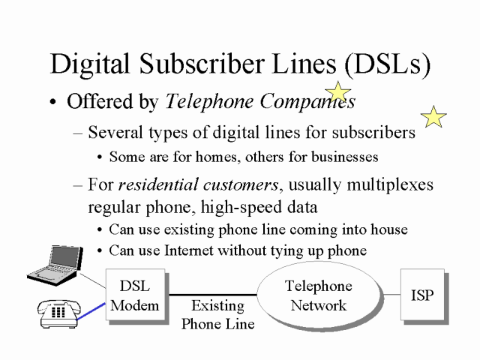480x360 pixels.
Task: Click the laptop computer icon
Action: click(x=53, y=265)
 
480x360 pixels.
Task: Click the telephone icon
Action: click(x=58, y=313)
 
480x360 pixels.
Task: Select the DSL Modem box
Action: click(x=134, y=295)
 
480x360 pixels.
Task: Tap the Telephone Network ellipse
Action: click(x=318, y=295)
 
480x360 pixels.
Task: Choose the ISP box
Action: click(x=422, y=295)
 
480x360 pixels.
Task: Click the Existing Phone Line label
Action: click(x=217, y=315)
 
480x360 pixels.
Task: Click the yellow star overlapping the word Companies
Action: click(x=339, y=92)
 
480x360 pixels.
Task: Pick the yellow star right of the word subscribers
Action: click(x=433, y=116)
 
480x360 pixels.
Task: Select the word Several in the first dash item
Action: click(x=114, y=133)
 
